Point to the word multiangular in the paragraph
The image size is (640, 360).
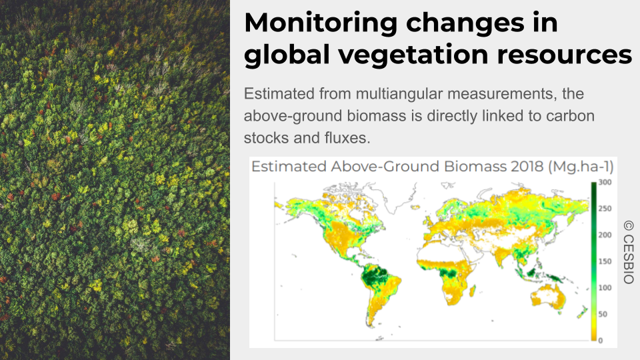tap(399, 94)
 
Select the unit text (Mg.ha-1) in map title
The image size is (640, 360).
tap(581, 167)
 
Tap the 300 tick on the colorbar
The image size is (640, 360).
tap(605, 182)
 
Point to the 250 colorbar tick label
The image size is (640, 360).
tap(605, 209)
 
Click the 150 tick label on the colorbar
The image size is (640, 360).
tap(605, 261)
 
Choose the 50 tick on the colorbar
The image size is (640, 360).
tap(603, 314)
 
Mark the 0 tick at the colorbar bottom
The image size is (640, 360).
tap(601, 341)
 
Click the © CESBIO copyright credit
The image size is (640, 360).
tap(629, 252)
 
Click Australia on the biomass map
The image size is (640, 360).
tap(548, 295)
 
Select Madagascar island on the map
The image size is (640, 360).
tap(473, 291)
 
